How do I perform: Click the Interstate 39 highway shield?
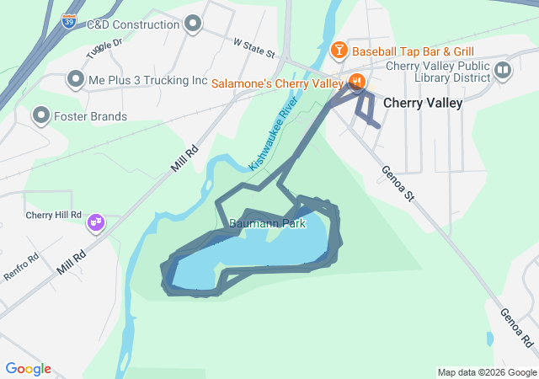69,21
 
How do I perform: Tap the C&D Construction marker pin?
193,24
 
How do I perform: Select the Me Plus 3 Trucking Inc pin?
75,81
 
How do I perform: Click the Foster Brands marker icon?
40,115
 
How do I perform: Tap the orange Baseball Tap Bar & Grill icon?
339,51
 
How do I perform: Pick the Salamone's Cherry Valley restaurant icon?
357,83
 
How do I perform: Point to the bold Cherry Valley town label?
422,103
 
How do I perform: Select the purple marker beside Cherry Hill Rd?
96,222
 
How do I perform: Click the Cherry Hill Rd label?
53,216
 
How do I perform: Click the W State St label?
253,46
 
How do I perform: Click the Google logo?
28,369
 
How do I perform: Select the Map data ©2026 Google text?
486,372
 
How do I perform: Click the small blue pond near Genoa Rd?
490,339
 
